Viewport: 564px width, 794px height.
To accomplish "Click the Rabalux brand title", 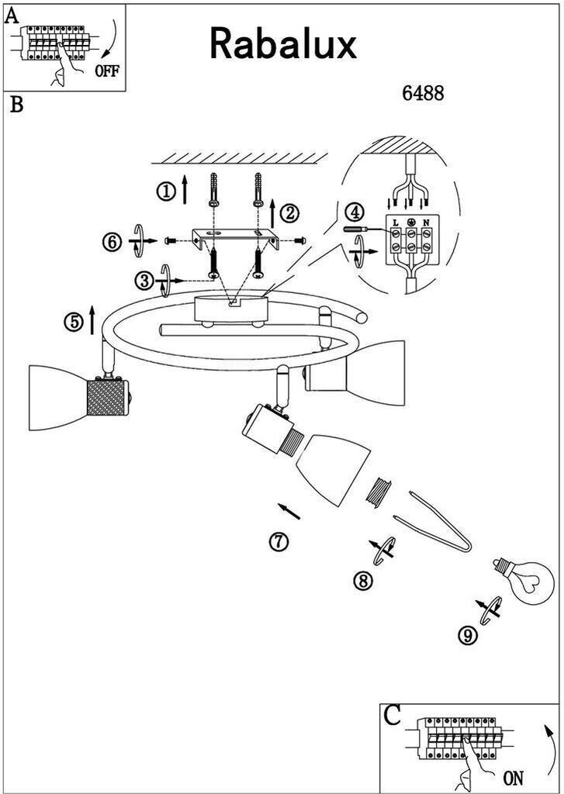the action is pos(282,44).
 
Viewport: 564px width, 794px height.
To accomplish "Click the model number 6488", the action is pos(423,93).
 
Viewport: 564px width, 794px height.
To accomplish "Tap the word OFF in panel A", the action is pos(107,71).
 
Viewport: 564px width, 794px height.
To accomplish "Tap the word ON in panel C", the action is pos(513,777).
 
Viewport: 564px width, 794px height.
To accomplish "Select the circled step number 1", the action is pos(166,192).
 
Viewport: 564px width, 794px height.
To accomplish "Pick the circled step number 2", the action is pos(290,213).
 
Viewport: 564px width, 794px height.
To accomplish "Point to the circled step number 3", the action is pos(144,280).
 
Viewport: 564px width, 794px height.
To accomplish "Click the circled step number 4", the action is pos(355,212).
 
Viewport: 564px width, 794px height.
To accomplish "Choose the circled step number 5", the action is pos(74,322).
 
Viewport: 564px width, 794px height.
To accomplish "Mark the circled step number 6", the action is pos(112,242).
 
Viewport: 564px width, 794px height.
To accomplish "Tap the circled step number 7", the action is pos(279,542).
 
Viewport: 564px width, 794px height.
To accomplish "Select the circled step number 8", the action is pos(362,581).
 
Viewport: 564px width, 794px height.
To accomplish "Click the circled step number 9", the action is pos(468,635).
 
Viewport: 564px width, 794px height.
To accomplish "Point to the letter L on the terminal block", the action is pos(396,223).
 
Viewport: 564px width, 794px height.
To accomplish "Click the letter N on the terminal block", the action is pos(426,223).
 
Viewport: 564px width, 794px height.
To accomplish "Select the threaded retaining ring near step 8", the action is pos(379,491).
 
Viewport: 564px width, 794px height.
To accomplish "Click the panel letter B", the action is pos(17,105).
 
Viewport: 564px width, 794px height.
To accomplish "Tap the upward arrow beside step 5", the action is pos(92,320).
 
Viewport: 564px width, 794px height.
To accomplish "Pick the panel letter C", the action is pos(393,715).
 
